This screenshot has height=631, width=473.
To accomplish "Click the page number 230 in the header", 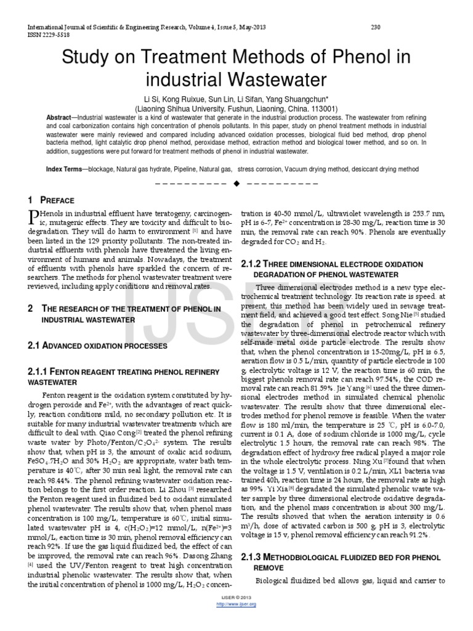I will point(377,26).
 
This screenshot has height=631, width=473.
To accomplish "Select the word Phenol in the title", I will point(338,58).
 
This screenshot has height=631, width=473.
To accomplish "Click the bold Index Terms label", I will point(65,168).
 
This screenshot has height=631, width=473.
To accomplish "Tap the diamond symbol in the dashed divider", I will point(236,184).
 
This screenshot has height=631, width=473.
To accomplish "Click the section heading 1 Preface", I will point(52,200).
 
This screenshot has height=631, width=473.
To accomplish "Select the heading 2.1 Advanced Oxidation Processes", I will point(98,347).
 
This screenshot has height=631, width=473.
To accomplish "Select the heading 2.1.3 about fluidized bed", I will point(339,557).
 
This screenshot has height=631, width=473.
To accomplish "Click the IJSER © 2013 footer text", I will point(236,598).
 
